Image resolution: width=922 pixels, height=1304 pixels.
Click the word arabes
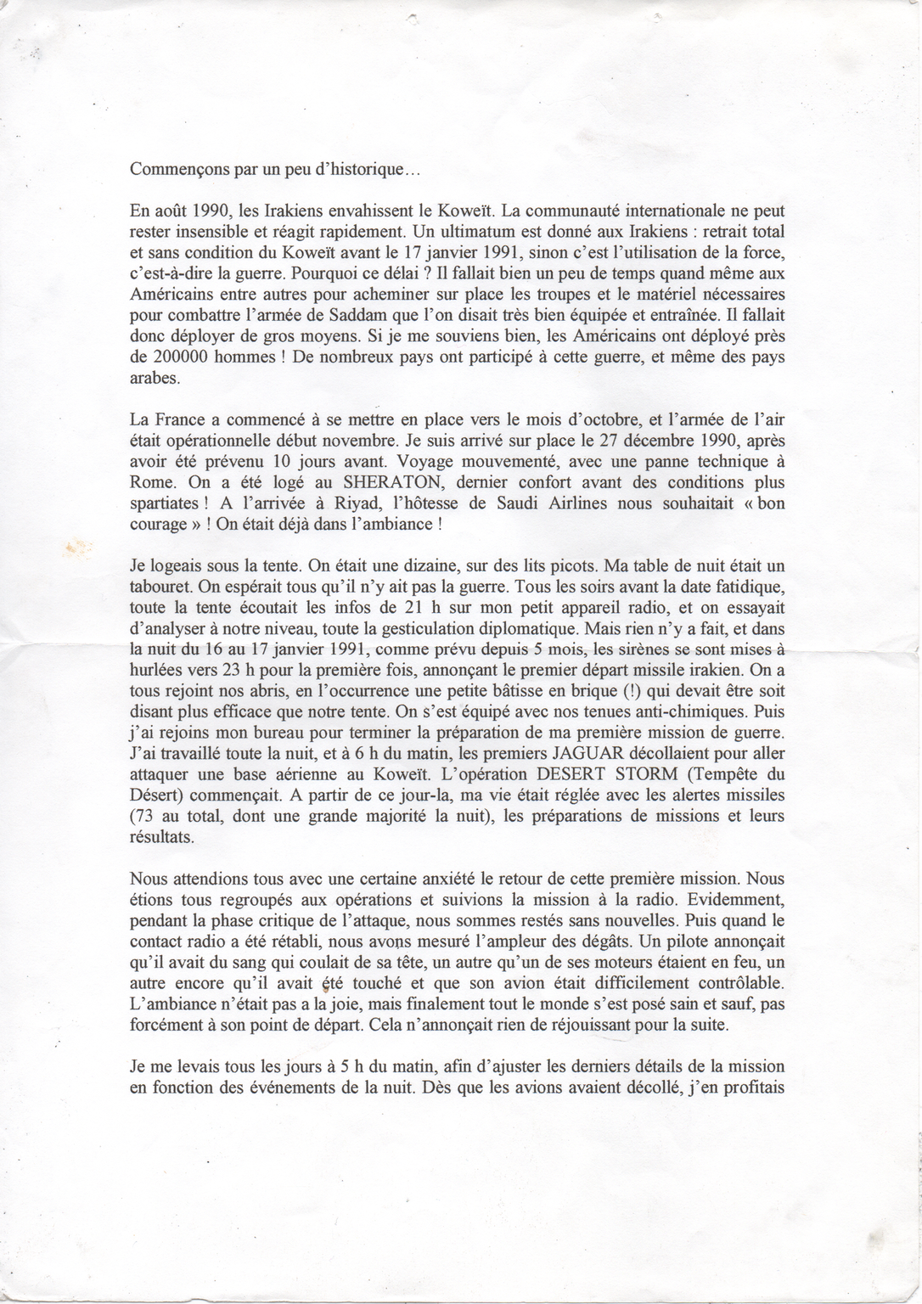(155, 378)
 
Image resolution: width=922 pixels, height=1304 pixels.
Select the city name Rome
(150, 482)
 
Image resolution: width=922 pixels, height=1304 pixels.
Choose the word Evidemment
(737, 899)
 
